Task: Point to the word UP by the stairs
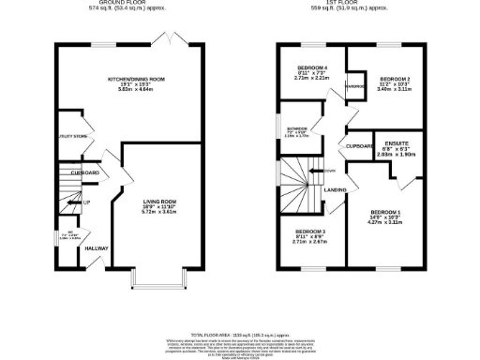click(86, 202)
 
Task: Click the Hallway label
click(97, 247)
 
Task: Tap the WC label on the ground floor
click(67, 233)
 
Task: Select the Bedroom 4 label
click(312, 68)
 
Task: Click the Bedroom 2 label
click(395, 79)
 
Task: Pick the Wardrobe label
click(354, 88)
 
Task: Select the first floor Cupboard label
click(359, 147)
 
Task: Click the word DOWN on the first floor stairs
click(330, 170)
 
